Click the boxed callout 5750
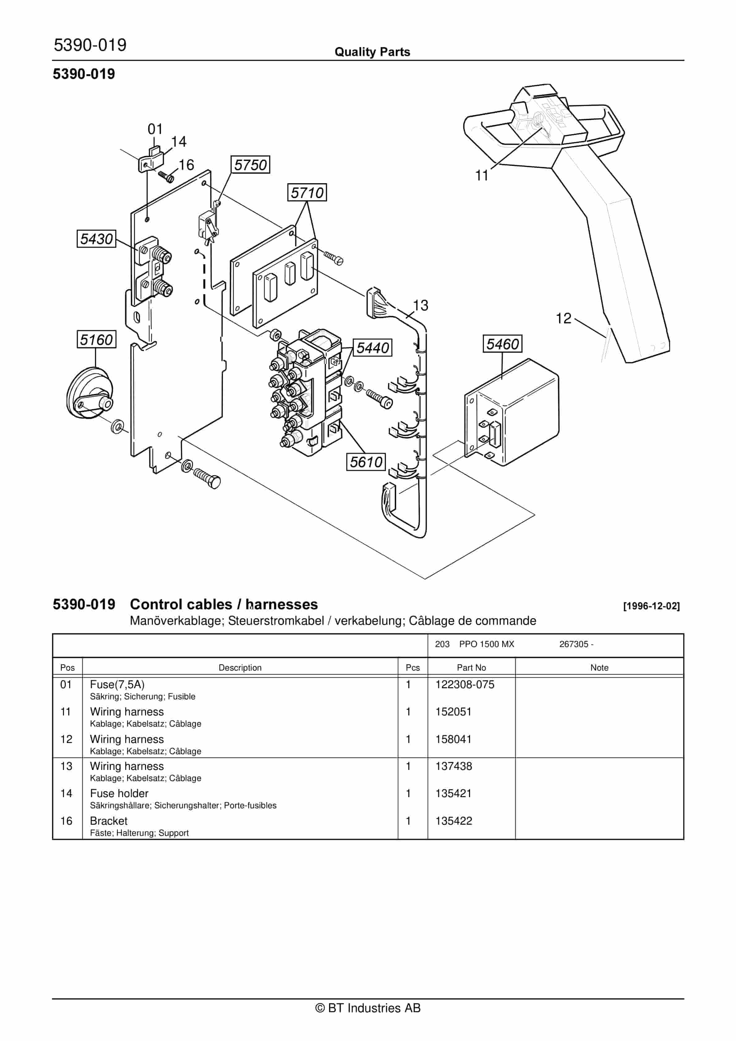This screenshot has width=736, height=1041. [x=250, y=165]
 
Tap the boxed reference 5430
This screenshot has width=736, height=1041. [x=96, y=239]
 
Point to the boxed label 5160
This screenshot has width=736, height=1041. [x=96, y=339]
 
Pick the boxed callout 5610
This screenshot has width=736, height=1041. [x=366, y=462]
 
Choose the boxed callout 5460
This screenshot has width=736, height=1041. [x=502, y=344]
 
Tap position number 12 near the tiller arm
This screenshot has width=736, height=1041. [x=563, y=318]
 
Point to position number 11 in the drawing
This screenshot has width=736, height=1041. [x=482, y=175]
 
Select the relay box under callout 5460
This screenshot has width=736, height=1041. [x=512, y=413]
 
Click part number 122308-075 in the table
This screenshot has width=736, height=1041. [x=464, y=685]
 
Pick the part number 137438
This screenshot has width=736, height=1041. [x=454, y=766]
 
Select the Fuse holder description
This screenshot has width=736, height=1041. [x=119, y=793]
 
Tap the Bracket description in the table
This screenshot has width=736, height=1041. [x=109, y=821]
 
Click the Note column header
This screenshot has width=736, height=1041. [x=599, y=667]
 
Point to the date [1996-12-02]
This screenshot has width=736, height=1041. [x=651, y=606]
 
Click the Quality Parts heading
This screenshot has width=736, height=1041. [x=372, y=52]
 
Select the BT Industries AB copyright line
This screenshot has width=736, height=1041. [x=368, y=1008]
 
